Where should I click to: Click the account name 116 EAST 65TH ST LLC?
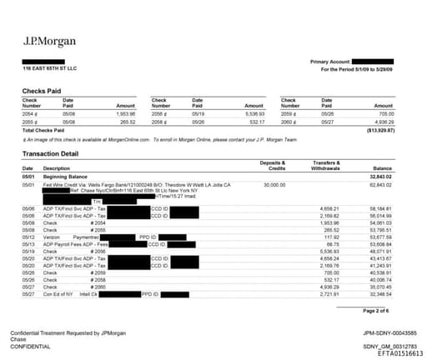tap(49, 68)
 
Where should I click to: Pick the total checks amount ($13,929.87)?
tap(379, 132)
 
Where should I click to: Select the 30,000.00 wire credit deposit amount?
tap(274, 184)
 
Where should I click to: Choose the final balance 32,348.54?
tap(379, 294)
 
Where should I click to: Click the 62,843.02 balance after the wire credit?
tap(379, 184)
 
